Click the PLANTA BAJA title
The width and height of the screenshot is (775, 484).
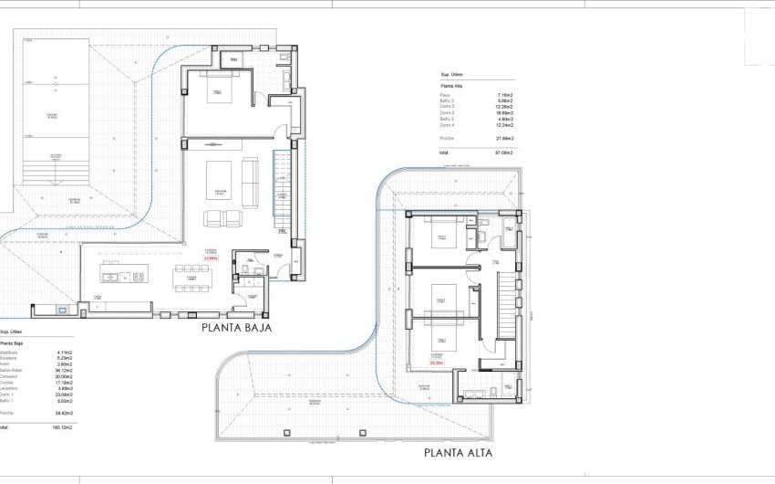(236, 326)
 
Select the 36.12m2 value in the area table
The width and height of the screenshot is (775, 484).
(65, 369)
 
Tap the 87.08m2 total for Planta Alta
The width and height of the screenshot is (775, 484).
(503, 153)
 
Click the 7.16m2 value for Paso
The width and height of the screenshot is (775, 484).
(505, 95)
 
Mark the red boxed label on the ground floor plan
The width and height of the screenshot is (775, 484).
(212, 258)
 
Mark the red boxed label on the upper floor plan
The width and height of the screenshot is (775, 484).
(438, 363)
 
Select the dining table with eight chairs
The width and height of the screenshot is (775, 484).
(192, 275)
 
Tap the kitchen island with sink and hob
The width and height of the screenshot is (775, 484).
(123, 275)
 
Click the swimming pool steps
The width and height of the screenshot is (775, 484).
(55, 169)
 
